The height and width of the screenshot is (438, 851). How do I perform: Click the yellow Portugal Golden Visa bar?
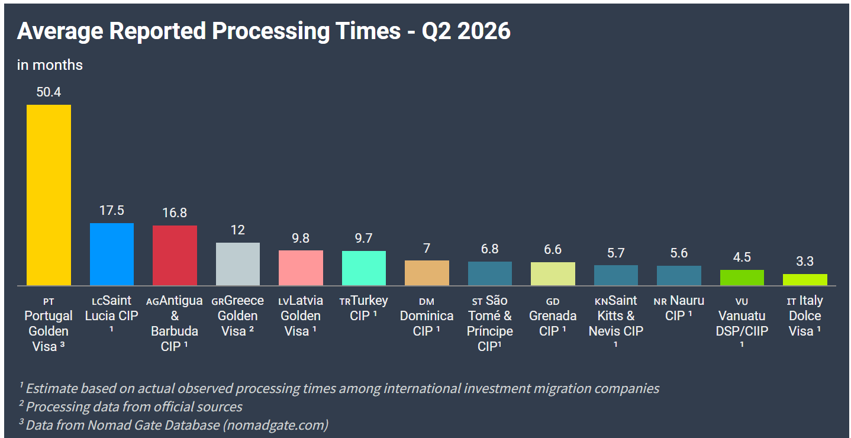pos(49,195)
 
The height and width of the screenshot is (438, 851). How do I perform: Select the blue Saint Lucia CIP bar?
pos(112,254)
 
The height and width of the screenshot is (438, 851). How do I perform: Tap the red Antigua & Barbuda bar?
pos(175,255)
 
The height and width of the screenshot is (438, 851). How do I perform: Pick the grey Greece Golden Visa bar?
pos(238,264)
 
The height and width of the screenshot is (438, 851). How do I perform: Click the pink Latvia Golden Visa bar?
pos(301,268)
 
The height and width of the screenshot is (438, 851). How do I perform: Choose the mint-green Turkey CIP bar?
pos(364,268)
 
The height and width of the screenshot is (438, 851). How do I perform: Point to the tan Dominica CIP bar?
pos(427,273)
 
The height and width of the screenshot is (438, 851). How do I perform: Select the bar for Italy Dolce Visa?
pos(805,279)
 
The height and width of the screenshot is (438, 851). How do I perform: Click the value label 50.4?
pos(49,92)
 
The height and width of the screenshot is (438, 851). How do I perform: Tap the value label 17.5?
pos(112,211)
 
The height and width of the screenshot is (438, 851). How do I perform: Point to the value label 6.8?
pos(489,249)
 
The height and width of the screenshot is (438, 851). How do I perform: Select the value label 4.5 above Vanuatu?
pos(742,257)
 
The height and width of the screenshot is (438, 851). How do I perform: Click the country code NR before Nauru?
pos(660,302)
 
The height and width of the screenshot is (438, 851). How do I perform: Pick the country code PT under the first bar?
pos(49,302)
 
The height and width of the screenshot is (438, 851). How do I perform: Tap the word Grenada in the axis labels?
pos(553,315)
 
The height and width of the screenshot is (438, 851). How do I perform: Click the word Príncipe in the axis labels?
pos(489,331)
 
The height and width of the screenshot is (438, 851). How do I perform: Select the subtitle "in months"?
pos(50,65)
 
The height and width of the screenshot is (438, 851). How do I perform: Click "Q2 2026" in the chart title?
pos(466,31)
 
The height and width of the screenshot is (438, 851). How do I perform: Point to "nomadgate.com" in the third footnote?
pos(275,425)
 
